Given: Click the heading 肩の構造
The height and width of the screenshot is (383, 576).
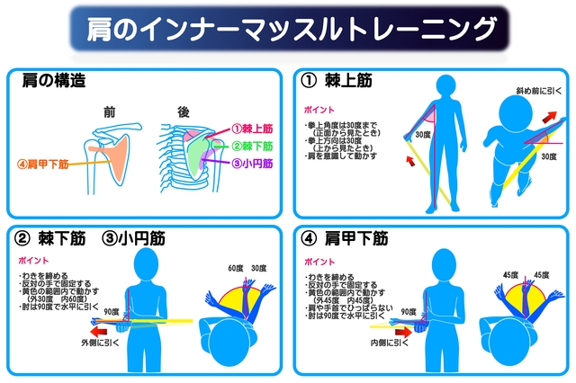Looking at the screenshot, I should click(x=54, y=81).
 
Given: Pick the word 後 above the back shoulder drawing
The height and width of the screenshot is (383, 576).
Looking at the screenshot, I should click(x=183, y=111).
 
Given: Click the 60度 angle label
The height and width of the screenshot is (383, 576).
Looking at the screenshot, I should click(x=237, y=267).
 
